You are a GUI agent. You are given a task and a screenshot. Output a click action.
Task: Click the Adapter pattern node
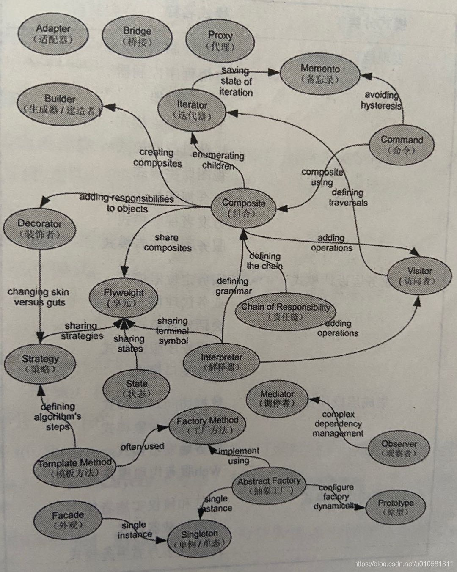53,34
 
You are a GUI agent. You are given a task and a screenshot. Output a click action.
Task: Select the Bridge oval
137,36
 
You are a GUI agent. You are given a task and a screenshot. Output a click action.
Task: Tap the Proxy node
220,41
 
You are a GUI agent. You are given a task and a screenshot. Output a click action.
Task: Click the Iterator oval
192,110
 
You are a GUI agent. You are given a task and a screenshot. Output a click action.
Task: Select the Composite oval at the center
243,208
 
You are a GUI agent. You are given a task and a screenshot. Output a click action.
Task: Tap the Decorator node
39,229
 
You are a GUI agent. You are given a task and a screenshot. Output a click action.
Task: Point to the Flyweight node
124,297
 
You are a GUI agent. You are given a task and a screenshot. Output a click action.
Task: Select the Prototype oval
396,507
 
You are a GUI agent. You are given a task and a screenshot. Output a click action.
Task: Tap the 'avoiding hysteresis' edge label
380,101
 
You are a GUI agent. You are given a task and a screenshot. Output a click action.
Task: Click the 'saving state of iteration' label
236,81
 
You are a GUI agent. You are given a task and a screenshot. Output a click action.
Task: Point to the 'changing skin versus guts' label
39,297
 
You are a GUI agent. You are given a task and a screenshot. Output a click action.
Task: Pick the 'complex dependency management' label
338,424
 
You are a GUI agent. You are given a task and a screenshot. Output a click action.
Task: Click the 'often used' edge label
142,446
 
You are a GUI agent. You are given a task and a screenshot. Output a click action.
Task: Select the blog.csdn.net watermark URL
403,564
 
